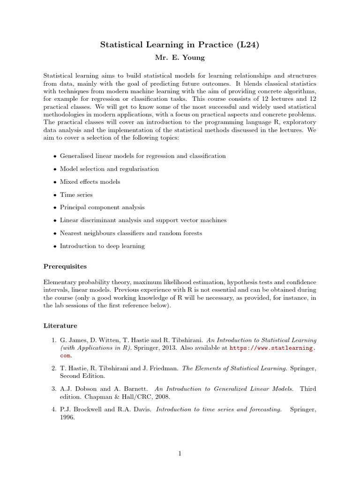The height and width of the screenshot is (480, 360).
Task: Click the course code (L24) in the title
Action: coord(248,45)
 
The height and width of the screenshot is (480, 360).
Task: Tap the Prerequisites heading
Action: coord(65,266)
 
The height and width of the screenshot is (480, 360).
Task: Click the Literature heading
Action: coord(60,325)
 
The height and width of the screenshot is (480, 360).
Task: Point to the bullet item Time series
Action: coord(76,195)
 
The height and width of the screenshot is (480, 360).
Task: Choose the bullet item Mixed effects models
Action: coord(90,182)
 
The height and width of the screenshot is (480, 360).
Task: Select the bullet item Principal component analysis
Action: coord(102,207)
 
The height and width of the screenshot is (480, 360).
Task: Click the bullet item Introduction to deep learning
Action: coord(102,246)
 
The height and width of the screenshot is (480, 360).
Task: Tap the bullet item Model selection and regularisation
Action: coord(109,169)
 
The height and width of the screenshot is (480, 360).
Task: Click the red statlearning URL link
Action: coord(272,348)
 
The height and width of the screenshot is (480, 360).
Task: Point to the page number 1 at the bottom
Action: coord(180,453)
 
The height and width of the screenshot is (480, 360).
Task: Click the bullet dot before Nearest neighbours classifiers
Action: coord(55,233)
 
